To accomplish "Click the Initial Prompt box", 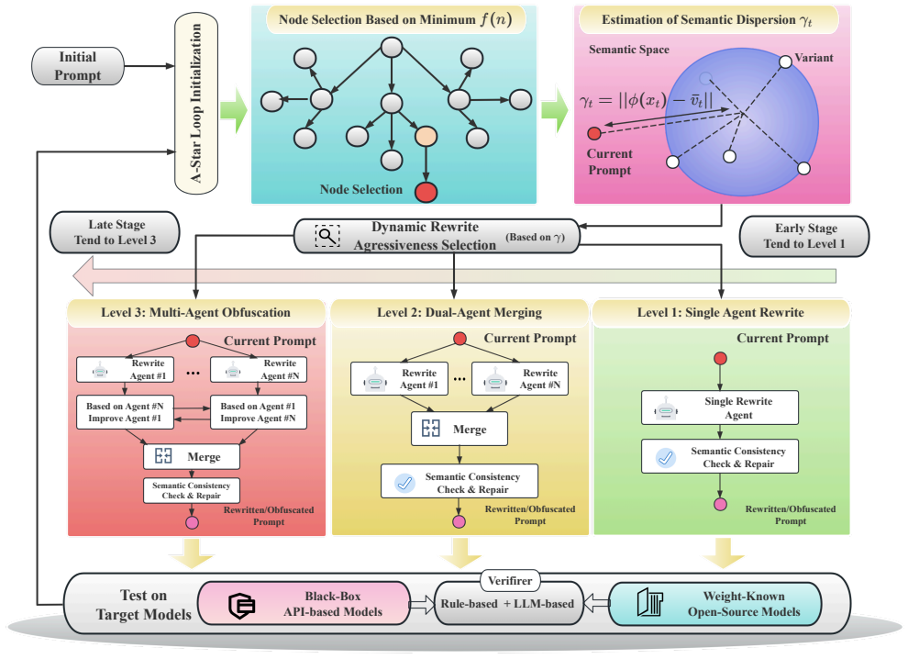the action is coord(78,66).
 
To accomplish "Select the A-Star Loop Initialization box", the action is coord(196,103).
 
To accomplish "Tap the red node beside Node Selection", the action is coord(426,192).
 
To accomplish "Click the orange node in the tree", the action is coord(426,136).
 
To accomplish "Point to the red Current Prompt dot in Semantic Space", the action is coord(594,134).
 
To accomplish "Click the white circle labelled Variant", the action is coord(785,61).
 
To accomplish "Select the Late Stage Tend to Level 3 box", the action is coord(116,232).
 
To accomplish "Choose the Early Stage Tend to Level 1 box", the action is coord(804,236).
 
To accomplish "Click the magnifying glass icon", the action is coord(327,236).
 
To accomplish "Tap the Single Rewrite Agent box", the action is coord(720,408).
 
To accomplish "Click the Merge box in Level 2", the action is coord(460,429).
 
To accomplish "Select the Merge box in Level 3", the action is coord(192,457).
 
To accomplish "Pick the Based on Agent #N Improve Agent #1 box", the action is coord(125,412).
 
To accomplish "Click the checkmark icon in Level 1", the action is coord(666,457).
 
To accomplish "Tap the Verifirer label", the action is coord(510,580).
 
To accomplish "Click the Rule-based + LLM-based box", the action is coord(508,603).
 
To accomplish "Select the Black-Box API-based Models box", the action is coord(304,603).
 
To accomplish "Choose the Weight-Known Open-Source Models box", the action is coord(715,603).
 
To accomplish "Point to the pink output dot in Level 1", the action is coord(720,504).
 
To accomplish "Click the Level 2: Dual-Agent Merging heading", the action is coord(460,312).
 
